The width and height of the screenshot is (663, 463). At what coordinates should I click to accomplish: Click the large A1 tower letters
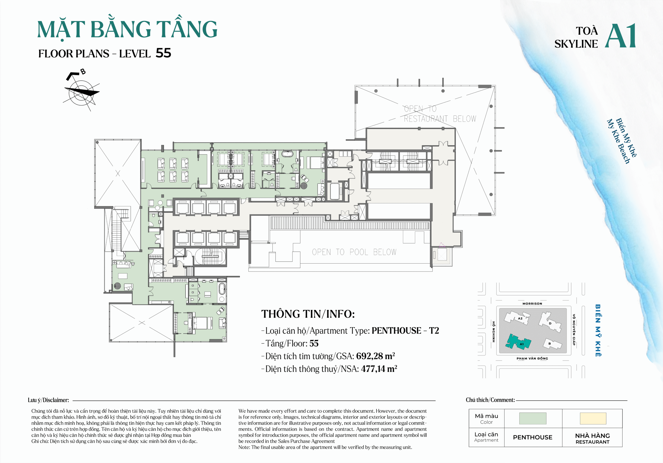(x=620, y=36)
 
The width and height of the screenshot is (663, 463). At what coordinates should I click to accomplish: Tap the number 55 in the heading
(x=163, y=53)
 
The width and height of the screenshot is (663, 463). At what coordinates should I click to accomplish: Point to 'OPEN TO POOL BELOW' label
(x=354, y=252)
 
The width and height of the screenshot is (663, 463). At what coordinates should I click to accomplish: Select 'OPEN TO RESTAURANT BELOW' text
(x=439, y=114)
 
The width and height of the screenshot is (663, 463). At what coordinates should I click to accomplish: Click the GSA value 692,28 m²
(x=375, y=356)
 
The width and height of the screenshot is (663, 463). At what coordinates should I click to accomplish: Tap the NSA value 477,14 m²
(x=379, y=369)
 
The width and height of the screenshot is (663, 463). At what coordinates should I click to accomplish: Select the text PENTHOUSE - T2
(x=405, y=330)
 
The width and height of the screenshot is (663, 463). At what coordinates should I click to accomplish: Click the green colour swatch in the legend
(x=532, y=418)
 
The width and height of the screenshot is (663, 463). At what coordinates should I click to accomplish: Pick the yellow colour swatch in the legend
(x=593, y=418)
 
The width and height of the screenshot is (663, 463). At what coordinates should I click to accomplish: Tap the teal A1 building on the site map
(x=518, y=342)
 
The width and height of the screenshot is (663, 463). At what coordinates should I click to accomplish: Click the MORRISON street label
(x=532, y=304)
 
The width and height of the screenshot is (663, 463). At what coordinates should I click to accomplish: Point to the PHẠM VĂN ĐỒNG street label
(x=532, y=358)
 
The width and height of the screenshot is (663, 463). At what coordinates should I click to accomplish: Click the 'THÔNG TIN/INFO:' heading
(x=308, y=314)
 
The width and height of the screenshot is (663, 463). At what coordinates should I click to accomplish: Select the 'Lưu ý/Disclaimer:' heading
(x=48, y=400)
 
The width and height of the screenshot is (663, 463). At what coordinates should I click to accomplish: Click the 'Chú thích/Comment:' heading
(x=490, y=400)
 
